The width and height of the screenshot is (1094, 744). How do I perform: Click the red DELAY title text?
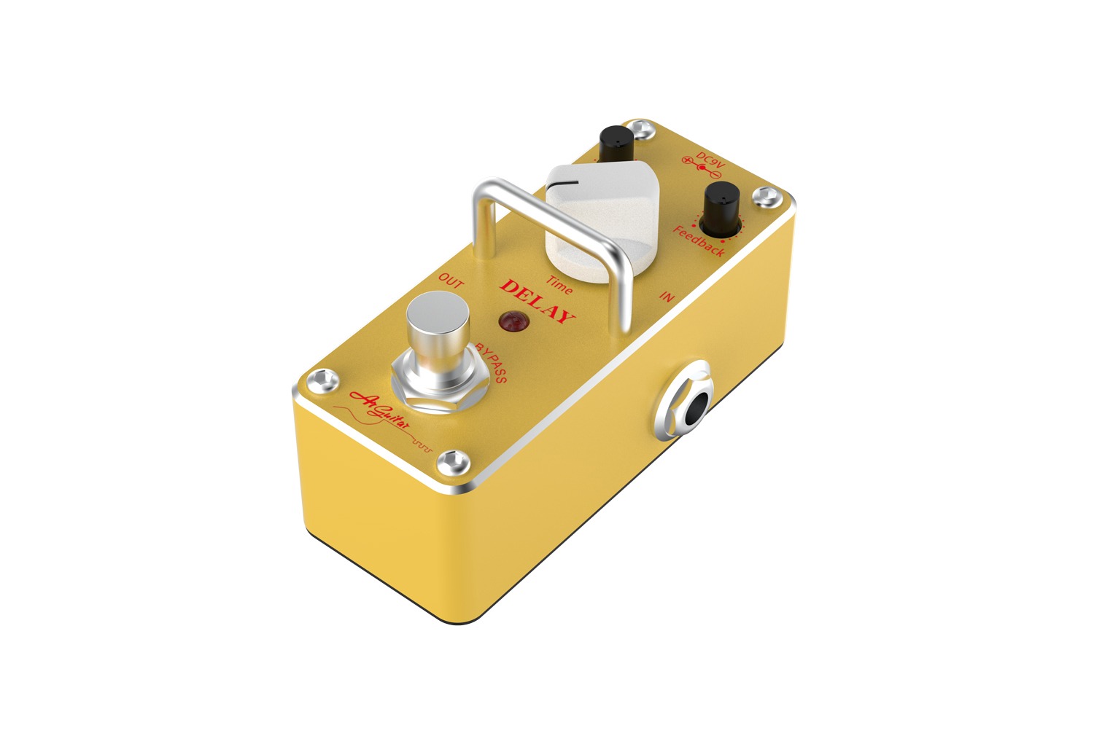pos(538,300)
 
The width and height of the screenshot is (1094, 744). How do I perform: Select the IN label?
pos(666,297)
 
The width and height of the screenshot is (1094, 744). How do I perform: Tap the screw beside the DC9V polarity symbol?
pos(764,195)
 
